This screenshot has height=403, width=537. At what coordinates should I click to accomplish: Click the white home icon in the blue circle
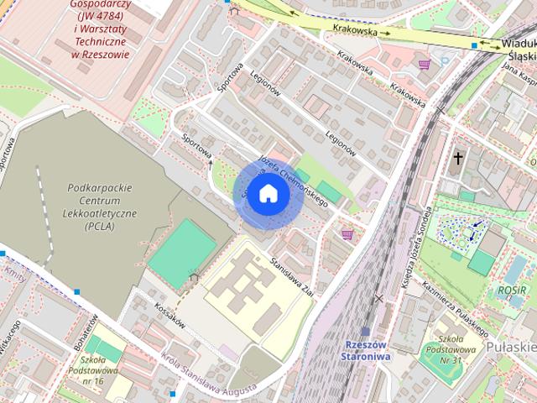pyautogui.click(x=268, y=193)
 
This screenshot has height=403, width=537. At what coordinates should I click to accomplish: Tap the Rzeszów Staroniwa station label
pyautogui.click(x=365, y=351)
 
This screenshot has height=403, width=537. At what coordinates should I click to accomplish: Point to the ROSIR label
pyautogui.click(x=509, y=291)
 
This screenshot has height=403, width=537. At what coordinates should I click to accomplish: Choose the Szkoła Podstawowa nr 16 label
pyautogui.click(x=98, y=370)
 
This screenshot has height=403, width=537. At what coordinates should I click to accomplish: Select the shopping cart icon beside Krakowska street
pyautogui.click(x=424, y=64)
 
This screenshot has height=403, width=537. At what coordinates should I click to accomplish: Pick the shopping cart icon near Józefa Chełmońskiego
pyautogui.click(x=347, y=234)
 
